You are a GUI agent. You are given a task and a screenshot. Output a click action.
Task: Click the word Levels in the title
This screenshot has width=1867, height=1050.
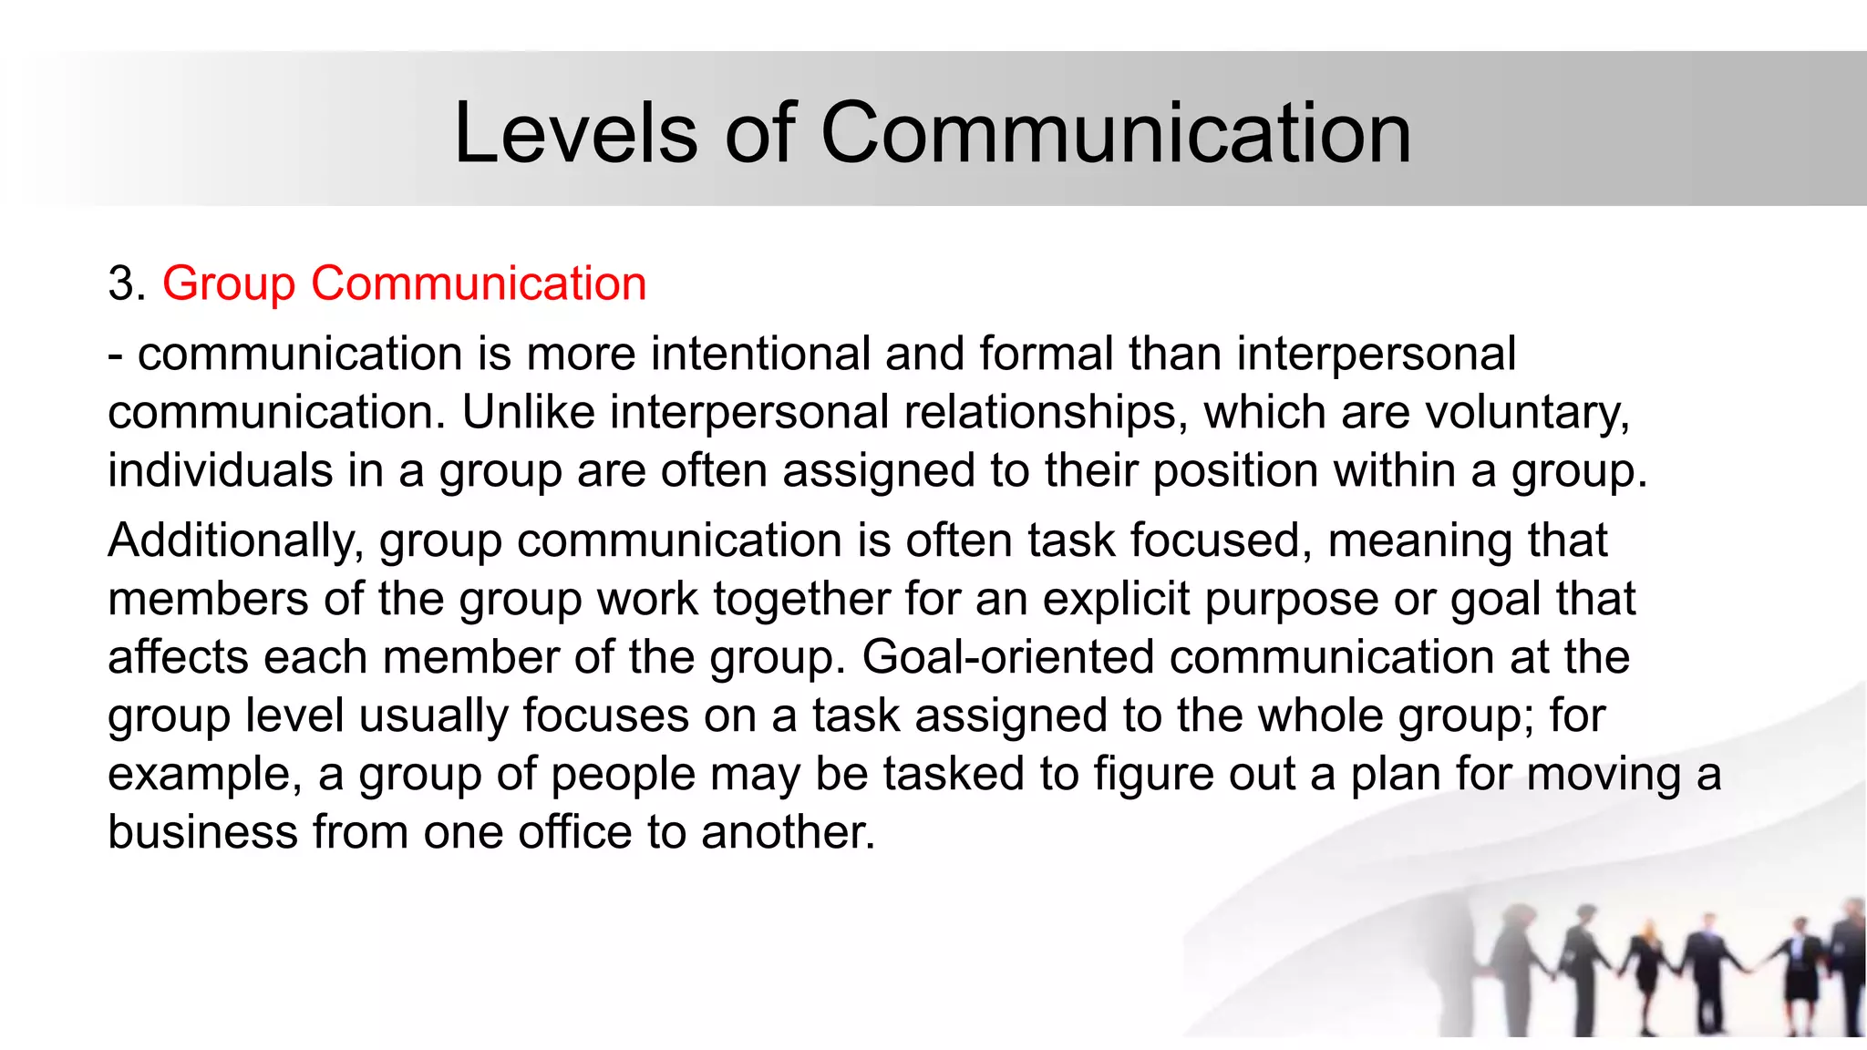click(575, 134)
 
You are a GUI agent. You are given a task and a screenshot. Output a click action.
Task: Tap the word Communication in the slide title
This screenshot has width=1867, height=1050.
click(1116, 134)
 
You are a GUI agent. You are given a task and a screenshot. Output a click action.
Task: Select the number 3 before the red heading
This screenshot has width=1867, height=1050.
click(120, 283)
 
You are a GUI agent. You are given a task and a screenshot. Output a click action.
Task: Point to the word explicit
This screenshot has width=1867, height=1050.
click(1116, 600)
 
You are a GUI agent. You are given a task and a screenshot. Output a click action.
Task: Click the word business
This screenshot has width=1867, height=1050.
click(202, 832)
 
